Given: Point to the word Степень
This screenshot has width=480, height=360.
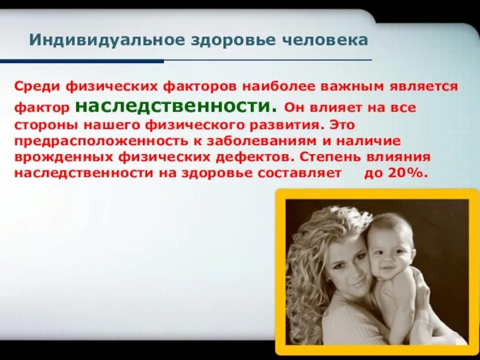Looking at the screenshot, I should tap(328, 157).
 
